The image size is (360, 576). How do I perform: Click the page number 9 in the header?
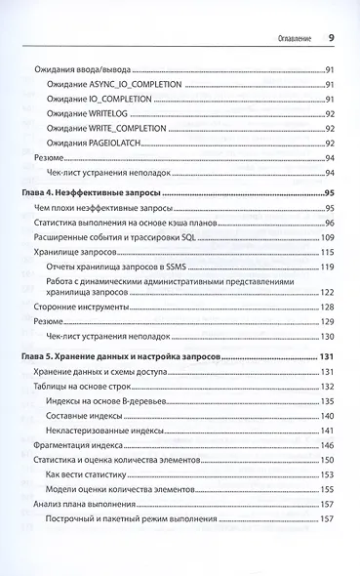pyautogui.click(x=332, y=39)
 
